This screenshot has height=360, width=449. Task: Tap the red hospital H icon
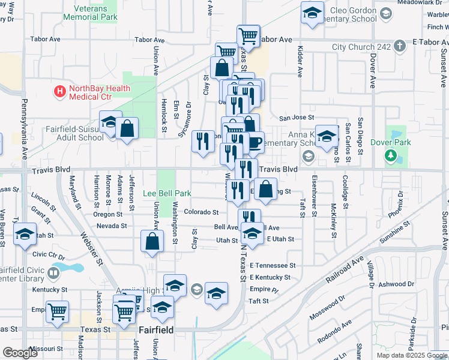click(x=60, y=92)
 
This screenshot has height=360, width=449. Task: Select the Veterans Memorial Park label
click(x=95, y=13)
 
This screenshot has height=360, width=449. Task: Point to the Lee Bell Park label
click(x=167, y=194)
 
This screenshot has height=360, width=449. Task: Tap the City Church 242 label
click(x=361, y=47)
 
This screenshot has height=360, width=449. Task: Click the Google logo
click(x=20, y=353)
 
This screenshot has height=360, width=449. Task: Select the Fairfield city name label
click(x=156, y=330)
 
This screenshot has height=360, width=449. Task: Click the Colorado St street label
click(x=201, y=212)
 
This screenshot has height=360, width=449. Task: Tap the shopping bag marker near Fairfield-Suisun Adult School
click(x=127, y=128)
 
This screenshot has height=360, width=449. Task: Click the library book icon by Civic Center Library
click(x=53, y=274)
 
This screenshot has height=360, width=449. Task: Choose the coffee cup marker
click(x=255, y=142)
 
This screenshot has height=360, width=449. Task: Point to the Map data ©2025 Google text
click(x=411, y=355)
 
